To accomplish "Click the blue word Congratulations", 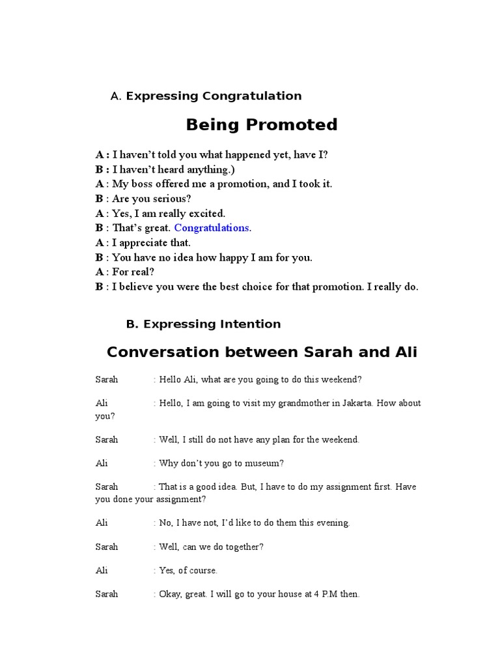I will click(212, 228).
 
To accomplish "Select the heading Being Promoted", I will click(262, 124).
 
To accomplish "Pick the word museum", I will click(267, 463).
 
